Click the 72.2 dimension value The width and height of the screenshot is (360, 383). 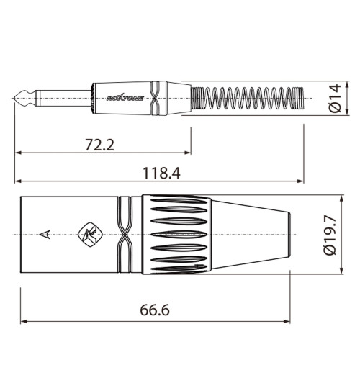(x=100, y=145)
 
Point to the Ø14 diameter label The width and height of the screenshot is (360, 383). (x=333, y=97)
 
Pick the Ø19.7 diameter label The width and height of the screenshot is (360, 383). (x=332, y=235)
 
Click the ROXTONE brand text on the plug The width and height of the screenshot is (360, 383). (x=125, y=96)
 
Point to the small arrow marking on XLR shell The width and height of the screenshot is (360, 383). (x=46, y=233)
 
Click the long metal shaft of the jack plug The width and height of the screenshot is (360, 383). (x=61, y=96)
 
